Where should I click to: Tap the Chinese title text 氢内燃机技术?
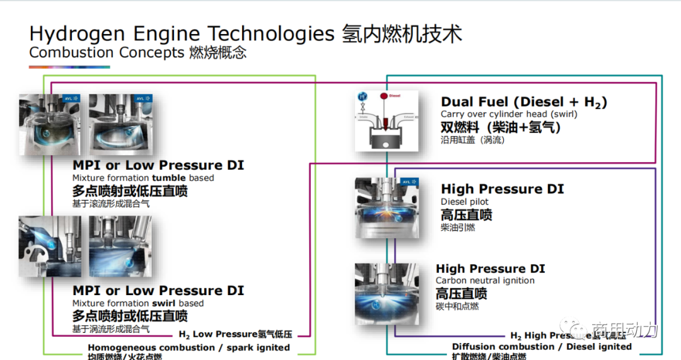pos(402,33)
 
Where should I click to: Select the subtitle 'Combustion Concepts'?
pos(107,52)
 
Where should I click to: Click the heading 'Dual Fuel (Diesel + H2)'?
pos(523,102)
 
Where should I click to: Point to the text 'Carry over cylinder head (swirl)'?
pos(508,114)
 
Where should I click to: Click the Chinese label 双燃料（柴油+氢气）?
pos(501,127)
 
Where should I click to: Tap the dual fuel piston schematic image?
pos(387,120)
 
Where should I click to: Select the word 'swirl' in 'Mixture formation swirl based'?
pos(163,303)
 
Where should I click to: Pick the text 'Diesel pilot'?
pos(464,202)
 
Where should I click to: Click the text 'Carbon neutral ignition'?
pos(484,280)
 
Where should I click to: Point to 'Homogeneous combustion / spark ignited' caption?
pos(189,347)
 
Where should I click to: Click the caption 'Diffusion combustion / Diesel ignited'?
pos(542,346)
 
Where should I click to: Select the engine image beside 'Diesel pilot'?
pos(387,207)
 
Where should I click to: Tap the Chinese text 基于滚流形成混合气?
pos(111,204)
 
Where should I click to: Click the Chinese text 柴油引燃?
pos(458,228)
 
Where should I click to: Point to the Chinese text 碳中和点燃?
pos(457,306)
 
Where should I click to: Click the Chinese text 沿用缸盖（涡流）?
pos(472,140)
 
